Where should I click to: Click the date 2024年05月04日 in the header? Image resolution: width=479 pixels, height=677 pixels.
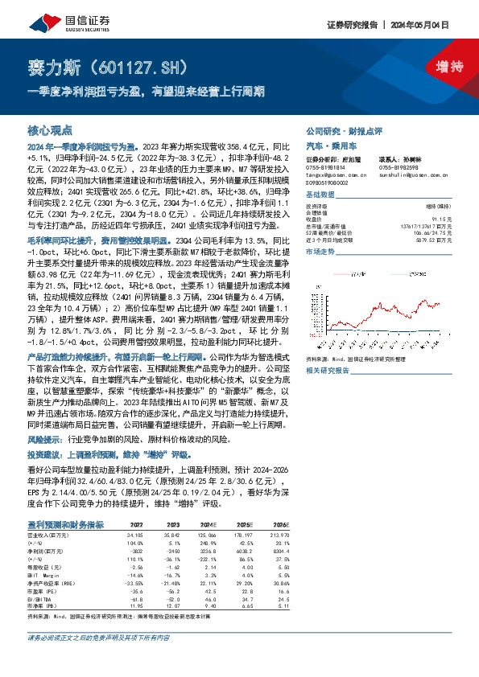pos(433,26)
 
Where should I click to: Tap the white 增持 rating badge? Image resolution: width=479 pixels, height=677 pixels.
pos(438,67)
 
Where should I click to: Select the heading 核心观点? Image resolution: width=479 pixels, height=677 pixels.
pos(48,129)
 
